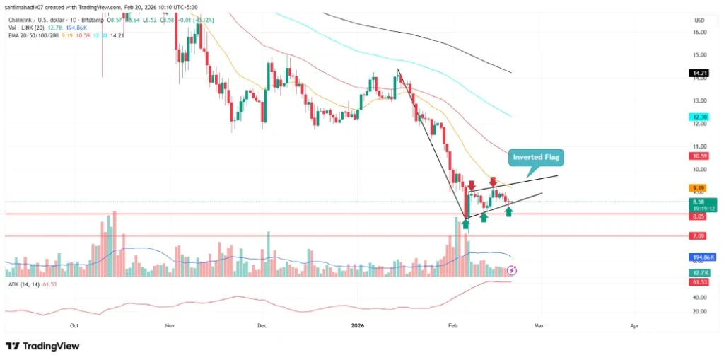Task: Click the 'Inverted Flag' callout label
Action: pos(535,157)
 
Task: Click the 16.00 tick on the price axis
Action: pos(700,32)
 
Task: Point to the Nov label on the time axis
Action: pos(169,326)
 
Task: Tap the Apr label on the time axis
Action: pos(634,326)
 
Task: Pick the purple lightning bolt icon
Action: pos(513,270)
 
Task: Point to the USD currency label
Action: pos(700,19)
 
